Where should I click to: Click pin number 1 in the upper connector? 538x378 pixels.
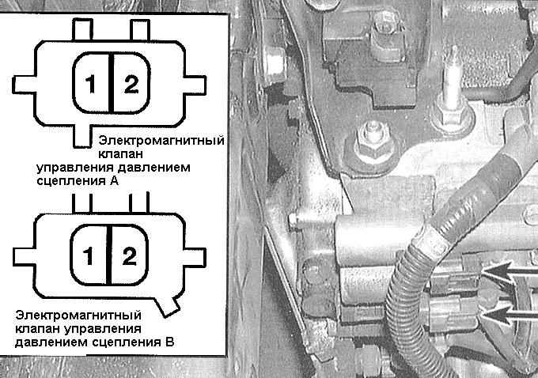pyautogui.click(x=90, y=84)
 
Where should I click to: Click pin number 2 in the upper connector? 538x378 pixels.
pyautogui.click(x=131, y=84)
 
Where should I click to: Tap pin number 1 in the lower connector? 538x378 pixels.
pyautogui.click(x=88, y=255)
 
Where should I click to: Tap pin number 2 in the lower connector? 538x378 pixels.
pyautogui.click(x=129, y=256)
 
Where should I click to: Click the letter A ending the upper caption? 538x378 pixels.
pyautogui.click(x=114, y=181)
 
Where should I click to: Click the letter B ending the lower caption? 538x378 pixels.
pyautogui.click(x=169, y=342)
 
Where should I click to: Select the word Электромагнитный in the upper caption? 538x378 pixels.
pyautogui.click(x=161, y=140)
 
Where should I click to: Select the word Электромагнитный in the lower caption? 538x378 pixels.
pyautogui.click(x=78, y=315)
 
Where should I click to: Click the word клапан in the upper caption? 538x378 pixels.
pyautogui.click(x=120, y=154)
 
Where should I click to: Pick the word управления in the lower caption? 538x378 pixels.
pyautogui.click(x=103, y=329)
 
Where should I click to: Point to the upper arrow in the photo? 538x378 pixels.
pyautogui.click(x=510, y=271)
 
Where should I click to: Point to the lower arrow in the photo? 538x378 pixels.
pyautogui.click(x=510, y=314)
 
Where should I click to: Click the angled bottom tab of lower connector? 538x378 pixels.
pyautogui.click(x=167, y=307)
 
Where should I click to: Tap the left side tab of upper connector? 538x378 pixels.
pyautogui.click(x=24, y=85)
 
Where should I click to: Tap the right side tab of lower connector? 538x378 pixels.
pyautogui.click(x=195, y=256)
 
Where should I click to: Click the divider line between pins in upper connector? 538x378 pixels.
pyautogui.click(x=112, y=83)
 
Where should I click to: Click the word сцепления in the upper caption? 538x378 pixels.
pyautogui.click(x=71, y=181)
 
